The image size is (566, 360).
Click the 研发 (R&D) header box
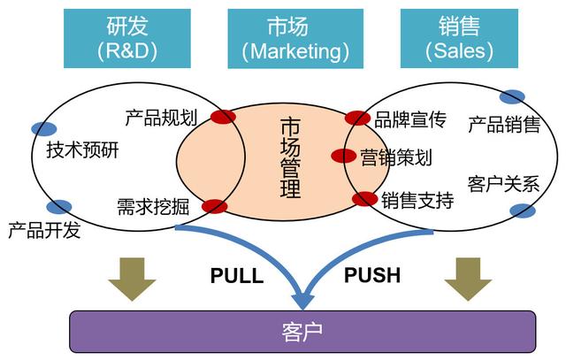coord(126,39)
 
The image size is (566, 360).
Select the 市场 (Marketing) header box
coord(295,39)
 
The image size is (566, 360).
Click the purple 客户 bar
coord(302,331)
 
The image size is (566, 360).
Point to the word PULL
coord(237,275)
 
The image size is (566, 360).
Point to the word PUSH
coord(371,275)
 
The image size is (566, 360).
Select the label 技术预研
coord(82,150)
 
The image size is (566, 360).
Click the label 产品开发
coord(44,232)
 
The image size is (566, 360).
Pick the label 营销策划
coord(396,157)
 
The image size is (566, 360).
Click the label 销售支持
coord(417,201)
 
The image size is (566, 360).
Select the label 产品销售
coord(504,125)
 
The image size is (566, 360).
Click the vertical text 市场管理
coord(289,157)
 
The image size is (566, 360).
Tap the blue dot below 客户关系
coord(523,211)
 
